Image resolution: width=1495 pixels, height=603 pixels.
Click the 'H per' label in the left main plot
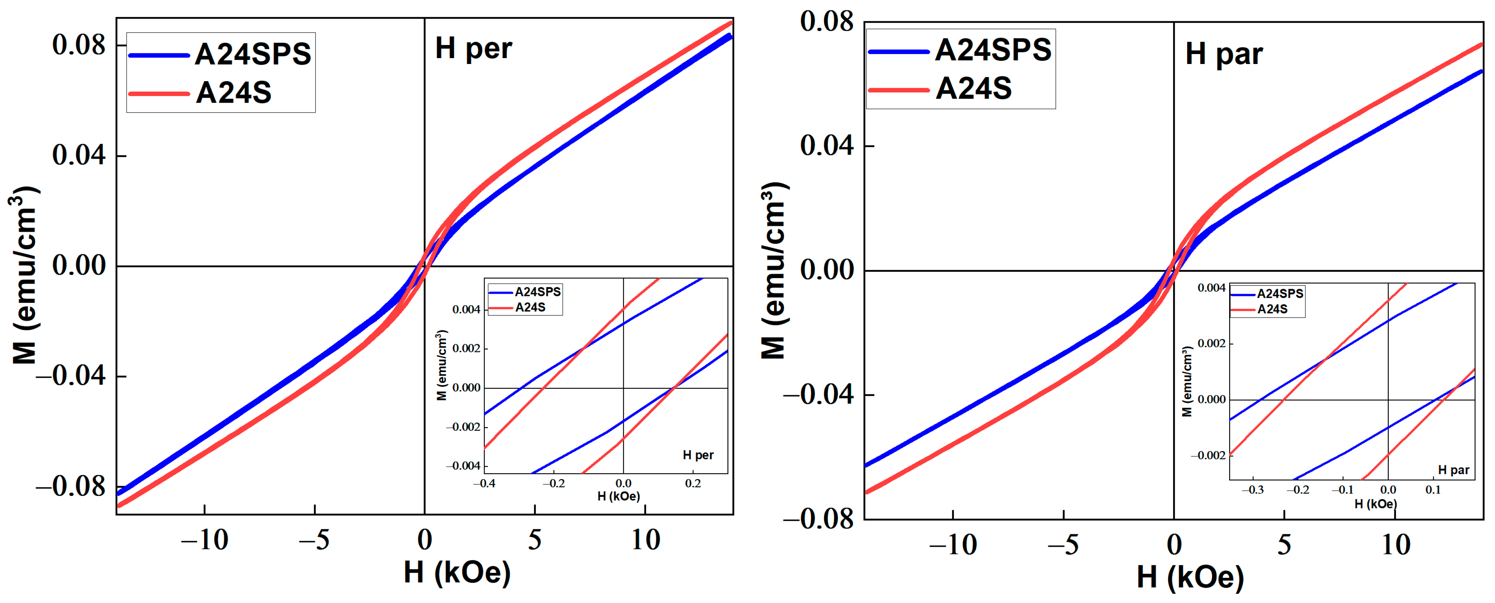[x=473, y=48]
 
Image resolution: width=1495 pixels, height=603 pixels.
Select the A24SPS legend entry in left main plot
[x=252, y=54]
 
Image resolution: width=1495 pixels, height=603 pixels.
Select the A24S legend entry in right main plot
[x=973, y=88]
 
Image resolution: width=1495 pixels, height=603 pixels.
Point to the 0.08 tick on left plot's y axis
[x=79, y=45]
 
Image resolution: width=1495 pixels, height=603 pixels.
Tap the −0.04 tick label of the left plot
[x=71, y=375]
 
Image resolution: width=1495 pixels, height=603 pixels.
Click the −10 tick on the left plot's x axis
[x=204, y=540]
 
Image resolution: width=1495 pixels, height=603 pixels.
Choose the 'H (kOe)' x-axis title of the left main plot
[x=457, y=573]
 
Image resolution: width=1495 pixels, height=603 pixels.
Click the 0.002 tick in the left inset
[x=466, y=349]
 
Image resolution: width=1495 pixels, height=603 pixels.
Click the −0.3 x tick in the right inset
[x=1253, y=490]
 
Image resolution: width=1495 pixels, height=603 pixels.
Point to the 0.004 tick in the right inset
[x=1211, y=288]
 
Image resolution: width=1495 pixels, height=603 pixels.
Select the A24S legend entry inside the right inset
[x=1272, y=309]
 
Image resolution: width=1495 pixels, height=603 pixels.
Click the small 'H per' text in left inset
[x=697, y=455]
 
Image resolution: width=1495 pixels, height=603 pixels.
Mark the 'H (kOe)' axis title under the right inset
[x=1375, y=504]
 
